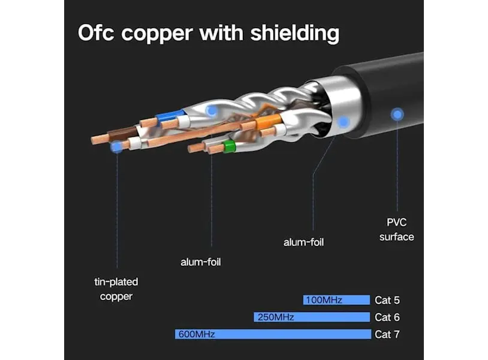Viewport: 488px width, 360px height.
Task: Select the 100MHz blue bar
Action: [x=336, y=299]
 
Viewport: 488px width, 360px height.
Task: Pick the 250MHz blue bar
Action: [x=312, y=317]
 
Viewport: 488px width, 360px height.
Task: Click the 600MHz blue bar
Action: [x=273, y=334]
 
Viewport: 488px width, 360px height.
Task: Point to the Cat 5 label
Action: [x=387, y=300]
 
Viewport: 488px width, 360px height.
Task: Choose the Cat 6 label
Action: [x=387, y=317]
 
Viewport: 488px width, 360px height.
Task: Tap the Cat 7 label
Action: [x=387, y=334]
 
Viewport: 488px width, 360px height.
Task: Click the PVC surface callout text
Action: [x=396, y=230]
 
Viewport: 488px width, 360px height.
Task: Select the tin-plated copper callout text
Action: [x=116, y=289]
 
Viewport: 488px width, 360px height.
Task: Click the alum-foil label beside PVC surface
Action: [x=303, y=242]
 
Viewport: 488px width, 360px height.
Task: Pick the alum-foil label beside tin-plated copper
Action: [x=201, y=262]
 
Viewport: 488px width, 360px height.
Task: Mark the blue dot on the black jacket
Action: [x=397, y=113]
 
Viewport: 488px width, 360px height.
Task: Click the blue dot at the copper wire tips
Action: [x=117, y=146]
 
